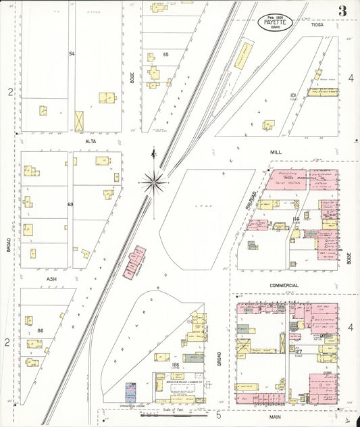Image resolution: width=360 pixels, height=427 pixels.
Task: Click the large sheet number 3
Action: [342, 10]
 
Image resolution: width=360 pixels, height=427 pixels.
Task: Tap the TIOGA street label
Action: [317, 24]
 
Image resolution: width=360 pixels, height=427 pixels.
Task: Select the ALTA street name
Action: [91, 141]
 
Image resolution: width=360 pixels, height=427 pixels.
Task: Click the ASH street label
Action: [51, 278]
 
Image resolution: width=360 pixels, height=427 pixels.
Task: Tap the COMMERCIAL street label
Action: [284, 285]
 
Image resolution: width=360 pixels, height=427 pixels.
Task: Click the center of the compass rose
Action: [155, 180]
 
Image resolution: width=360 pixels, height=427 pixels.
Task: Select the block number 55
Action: [165, 53]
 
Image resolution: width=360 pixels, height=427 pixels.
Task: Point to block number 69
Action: [70, 204]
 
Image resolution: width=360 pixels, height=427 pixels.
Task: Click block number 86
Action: [41, 330]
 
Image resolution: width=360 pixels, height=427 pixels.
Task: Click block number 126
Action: [175, 364]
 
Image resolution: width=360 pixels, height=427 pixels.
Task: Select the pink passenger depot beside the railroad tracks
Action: [134, 262]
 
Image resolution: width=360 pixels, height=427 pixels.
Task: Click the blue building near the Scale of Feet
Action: [131, 392]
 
